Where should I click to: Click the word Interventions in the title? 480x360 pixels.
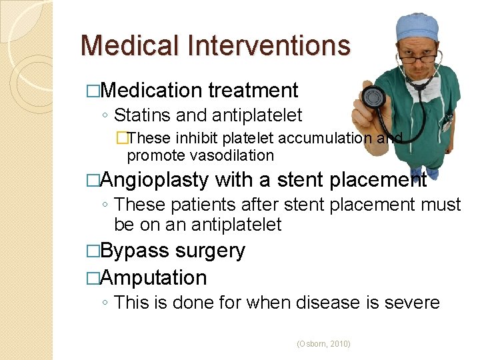(x=269, y=45)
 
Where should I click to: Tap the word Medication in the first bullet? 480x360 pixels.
(x=153, y=90)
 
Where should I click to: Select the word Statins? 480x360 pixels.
(x=142, y=115)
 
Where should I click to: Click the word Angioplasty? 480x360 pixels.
(x=155, y=180)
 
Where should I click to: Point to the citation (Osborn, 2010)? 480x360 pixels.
(x=323, y=344)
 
